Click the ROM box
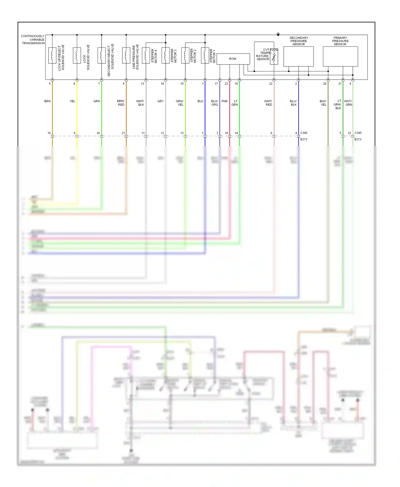pyautogui.click(x=233, y=59)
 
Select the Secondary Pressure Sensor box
pyautogui.click(x=298, y=56)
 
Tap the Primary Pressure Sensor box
pyautogui.click(x=340, y=56)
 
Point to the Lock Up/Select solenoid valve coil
pyautogui.click(x=52, y=55)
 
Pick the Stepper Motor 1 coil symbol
pyautogui.click(x=205, y=55)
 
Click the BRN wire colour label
pyautogui.click(x=47, y=101)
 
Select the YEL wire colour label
pyautogui.click(x=72, y=101)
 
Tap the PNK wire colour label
pyautogui.click(x=225, y=101)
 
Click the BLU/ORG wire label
pyautogui.click(x=214, y=103)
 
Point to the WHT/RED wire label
pyautogui.click(x=268, y=103)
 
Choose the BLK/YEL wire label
pyautogui.click(x=323, y=103)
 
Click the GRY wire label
pyautogui.click(x=161, y=101)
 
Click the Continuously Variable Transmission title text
pyautogui.click(x=33, y=39)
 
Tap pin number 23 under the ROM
pyautogui.click(x=226, y=84)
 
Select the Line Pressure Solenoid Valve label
pyautogui.click(x=135, y=57)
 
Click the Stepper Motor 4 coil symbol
pyautogui.click(x=146, y=55)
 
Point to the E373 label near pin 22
pyautogui.click(x=358, y=139)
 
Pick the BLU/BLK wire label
pyautogui.click(x=293, y=103)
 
